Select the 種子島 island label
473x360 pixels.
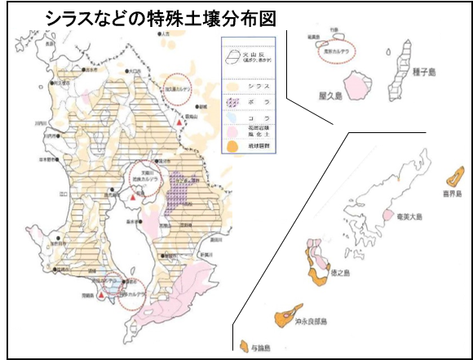click(425, 72)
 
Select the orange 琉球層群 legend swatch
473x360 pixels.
click(235, 148)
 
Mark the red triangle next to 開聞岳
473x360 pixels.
click(100, 297)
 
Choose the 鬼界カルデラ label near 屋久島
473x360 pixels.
click(330, 46)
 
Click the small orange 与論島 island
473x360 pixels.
click(247, 344)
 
